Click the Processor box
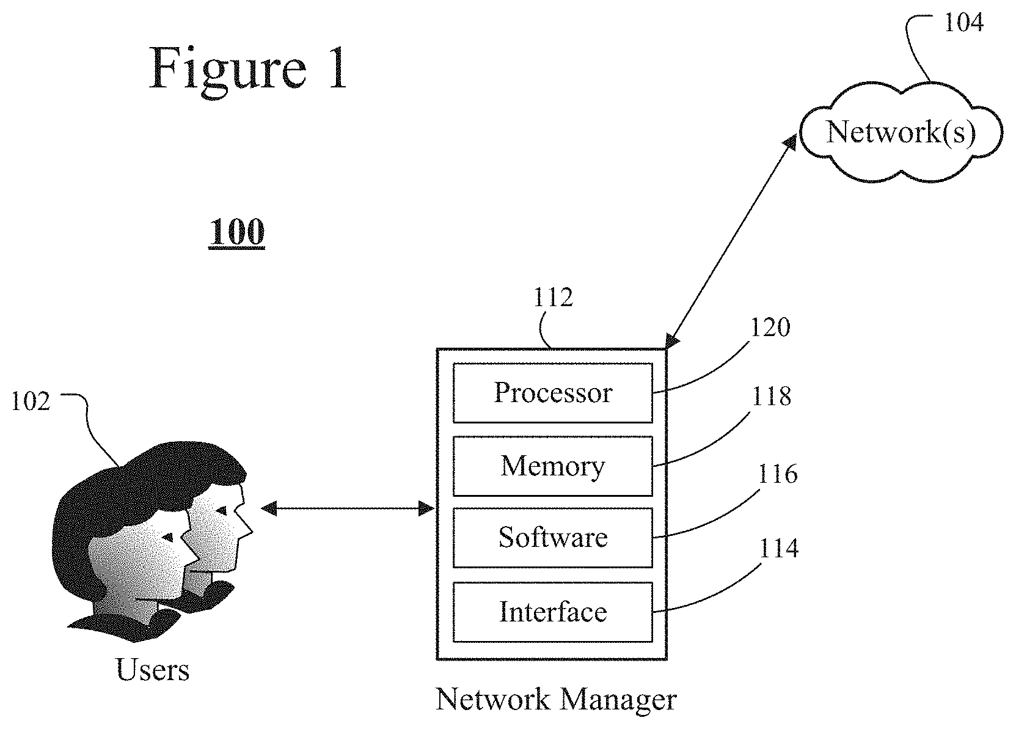click(x=552, y=393)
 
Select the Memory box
click(x=552, y=466)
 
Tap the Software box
click(x=552, y=538)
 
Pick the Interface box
click(x=552, y=612)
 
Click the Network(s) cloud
click(x=901, y=133)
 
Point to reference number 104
click(x=963, y=22)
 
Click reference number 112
click(x=553, y=298)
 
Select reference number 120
click(x=770, y=327)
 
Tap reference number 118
click(x=771, y=396)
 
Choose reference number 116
click(x=777, y=474)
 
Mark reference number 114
click(x=778, y=548)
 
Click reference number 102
click(x=31, y=401)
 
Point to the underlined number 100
click(x=237, y=232)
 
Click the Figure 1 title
click(x=248, y=70)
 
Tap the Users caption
click(x=152, y=670)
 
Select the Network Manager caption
click(x=556, y=700)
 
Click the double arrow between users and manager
click(x=348, y=508)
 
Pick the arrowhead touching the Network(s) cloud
click(x=790, y=142)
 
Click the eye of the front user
click(x=168, y=538)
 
